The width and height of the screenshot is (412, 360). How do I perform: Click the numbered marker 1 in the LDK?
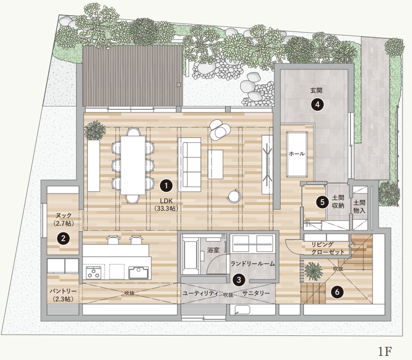[x=166, y=186]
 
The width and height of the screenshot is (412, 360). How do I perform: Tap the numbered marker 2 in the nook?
[x=63, y=238]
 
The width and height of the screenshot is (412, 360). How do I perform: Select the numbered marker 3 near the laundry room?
[x=238, y=279]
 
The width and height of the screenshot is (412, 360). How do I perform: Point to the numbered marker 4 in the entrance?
[x=317, y=104]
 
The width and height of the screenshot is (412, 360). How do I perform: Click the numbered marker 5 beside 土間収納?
[x=322, y=202]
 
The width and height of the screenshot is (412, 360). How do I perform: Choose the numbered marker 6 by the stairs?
[x=337, y=291]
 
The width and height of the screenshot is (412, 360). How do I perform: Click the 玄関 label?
[x=316, y=90]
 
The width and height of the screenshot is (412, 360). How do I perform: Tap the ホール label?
[x=296, y=153]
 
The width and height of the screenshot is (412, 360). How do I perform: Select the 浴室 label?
[x=213, y=250]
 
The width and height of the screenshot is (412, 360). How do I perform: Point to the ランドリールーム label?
[x=252, y=263]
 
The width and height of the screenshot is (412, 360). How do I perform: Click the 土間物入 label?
[x=359, y=206]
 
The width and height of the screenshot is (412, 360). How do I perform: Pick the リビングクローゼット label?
[x=327, y=248]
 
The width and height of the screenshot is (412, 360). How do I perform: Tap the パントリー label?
[x=63, y=291]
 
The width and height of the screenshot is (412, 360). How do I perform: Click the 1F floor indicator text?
[x=385, y=351]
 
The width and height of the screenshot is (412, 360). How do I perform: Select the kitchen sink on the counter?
[x=138, y=272]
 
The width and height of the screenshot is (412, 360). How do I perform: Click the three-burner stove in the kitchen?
[x=94, y=272]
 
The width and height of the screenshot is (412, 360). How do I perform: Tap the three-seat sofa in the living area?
[x=189, y=164]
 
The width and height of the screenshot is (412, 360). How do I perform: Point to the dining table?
[x=133, y=165]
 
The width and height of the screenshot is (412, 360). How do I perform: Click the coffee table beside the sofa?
[x=215, y=164]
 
